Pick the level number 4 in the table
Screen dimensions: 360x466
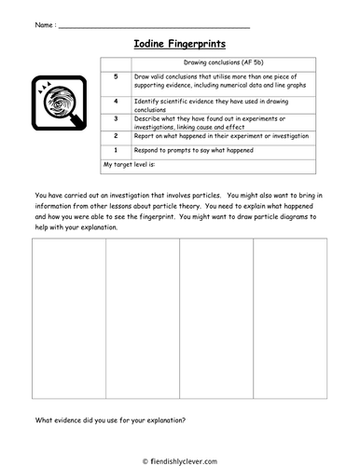[x=115, y=98]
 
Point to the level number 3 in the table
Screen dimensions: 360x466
[x=115, y=118]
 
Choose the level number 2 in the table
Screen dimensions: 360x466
[x=115, y=135]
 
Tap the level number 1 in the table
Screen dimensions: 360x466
[x=115, y=149]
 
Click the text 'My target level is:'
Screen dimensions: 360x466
[x=130, y=165]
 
